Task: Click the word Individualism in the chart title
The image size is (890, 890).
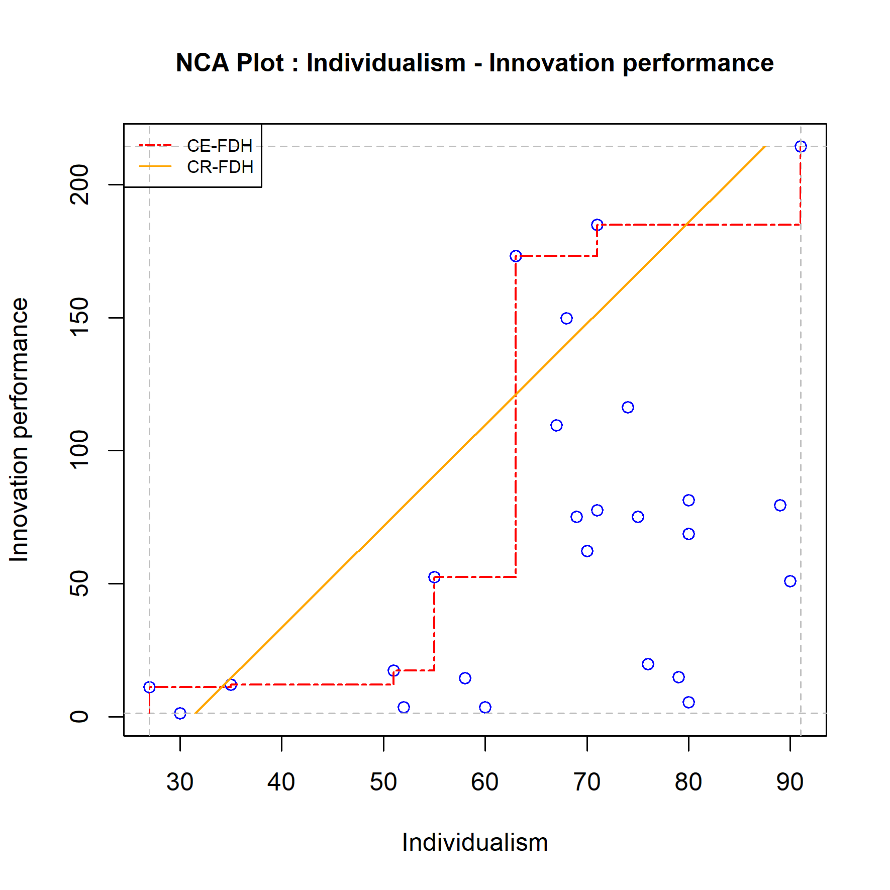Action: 386,63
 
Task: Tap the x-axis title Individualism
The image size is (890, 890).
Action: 474,842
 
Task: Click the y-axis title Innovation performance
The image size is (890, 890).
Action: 19,430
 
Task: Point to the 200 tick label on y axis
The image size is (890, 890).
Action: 79,184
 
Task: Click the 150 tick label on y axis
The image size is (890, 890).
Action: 79,318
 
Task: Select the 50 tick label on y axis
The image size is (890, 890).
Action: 79,583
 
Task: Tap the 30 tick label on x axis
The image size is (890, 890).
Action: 180,782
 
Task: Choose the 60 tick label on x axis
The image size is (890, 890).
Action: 485,782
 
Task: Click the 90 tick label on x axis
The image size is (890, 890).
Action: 790,782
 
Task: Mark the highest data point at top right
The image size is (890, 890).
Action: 801,146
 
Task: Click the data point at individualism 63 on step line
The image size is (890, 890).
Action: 516,256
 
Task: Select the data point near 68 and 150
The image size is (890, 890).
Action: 566,318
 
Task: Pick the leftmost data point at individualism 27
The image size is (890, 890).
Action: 149,687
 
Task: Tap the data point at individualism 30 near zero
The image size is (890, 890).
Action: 180,713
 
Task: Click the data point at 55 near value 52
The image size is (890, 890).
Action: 434,577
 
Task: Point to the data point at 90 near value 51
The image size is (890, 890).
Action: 790,581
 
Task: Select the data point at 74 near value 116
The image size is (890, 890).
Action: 628,407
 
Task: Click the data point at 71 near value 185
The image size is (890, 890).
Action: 597,225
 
